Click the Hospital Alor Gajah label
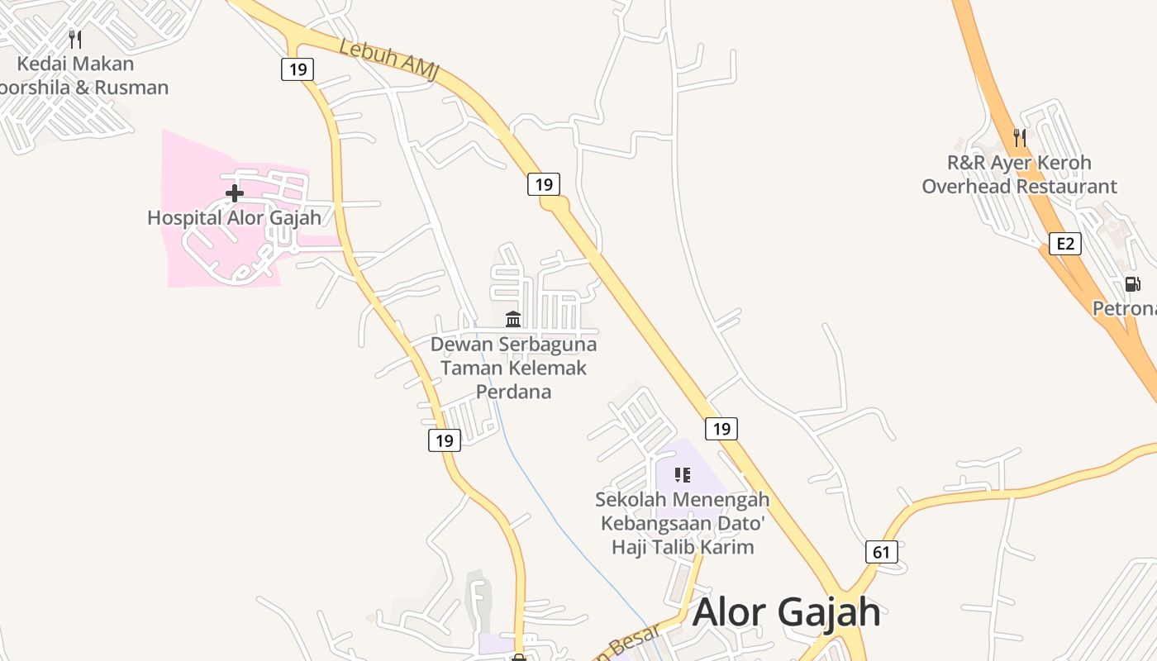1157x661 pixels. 234,218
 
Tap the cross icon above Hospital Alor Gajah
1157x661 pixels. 235,194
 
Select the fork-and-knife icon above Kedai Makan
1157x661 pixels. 75,39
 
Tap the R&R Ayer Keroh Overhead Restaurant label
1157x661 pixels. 1019,174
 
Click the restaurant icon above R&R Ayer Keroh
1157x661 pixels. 1020,137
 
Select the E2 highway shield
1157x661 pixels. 1065,243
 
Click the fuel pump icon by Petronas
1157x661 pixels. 1132,284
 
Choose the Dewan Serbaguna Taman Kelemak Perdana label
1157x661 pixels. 513,367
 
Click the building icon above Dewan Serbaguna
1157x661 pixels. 513,319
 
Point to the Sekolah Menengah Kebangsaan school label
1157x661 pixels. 683,523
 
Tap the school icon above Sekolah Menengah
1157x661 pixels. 682,474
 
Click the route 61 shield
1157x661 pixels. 882,551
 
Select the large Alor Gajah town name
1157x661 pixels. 787,612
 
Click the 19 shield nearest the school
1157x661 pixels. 721,428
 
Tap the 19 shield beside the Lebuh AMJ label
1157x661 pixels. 298,69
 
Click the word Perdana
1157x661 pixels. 513,391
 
